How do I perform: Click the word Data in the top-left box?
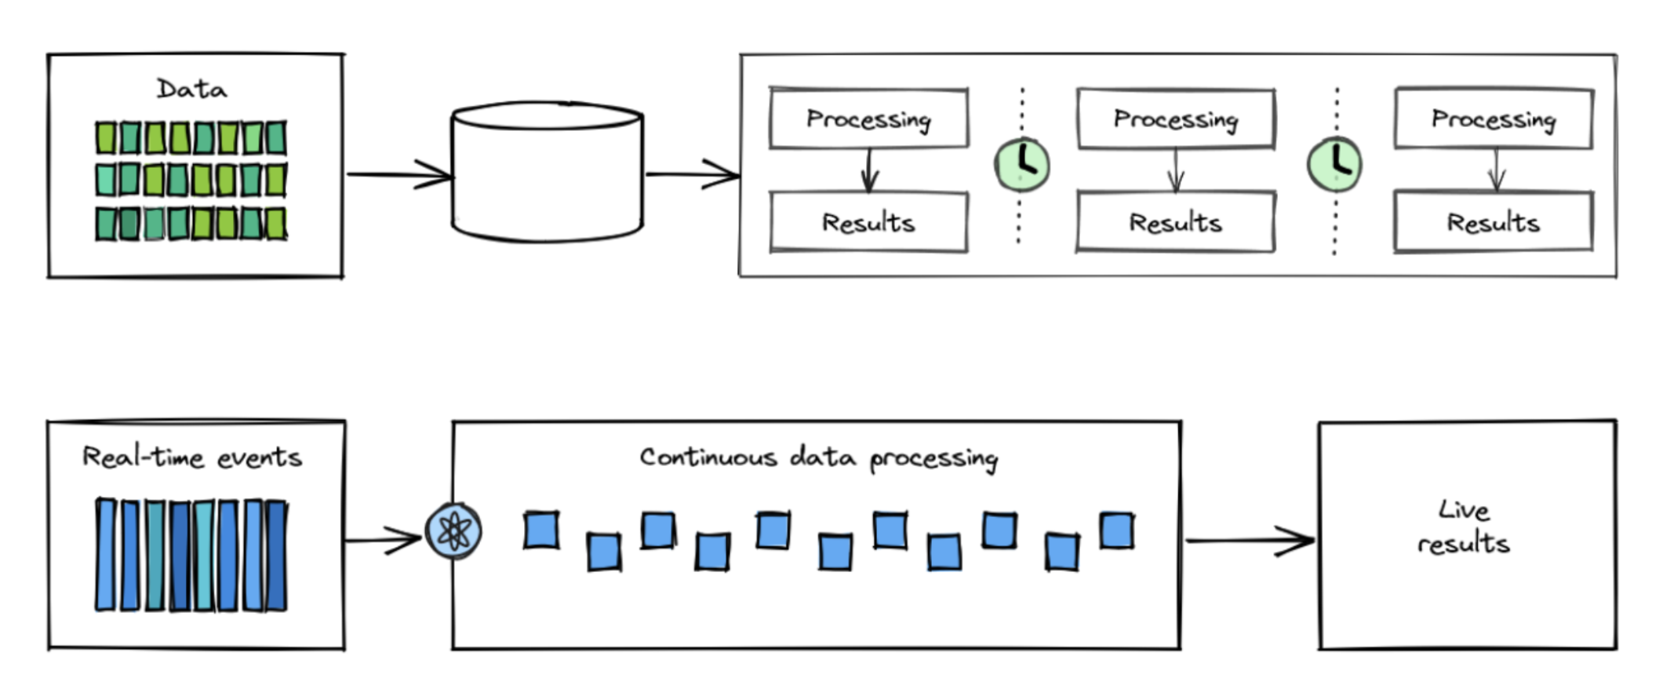[191, 89]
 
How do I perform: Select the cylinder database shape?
[547, 173]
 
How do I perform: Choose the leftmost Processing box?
[868, 118]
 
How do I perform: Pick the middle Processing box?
[1175, 118]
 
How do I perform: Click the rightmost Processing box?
[1493, 118]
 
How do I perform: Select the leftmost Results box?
[868, 223]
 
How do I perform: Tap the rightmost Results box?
[1493, 223]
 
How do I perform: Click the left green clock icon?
[1021, 165]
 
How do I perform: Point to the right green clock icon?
[1334, 165]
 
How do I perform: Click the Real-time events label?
[192, 457]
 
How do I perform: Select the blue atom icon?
[453, 531]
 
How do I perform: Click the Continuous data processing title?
[818, 458]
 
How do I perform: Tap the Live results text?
[1464, 527]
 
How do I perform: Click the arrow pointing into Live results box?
[1250, 540]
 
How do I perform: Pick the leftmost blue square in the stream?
[541, 530]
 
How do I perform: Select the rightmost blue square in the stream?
[1116, 530]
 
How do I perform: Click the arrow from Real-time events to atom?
[384, 540]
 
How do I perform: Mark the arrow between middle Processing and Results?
[1175, 170]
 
